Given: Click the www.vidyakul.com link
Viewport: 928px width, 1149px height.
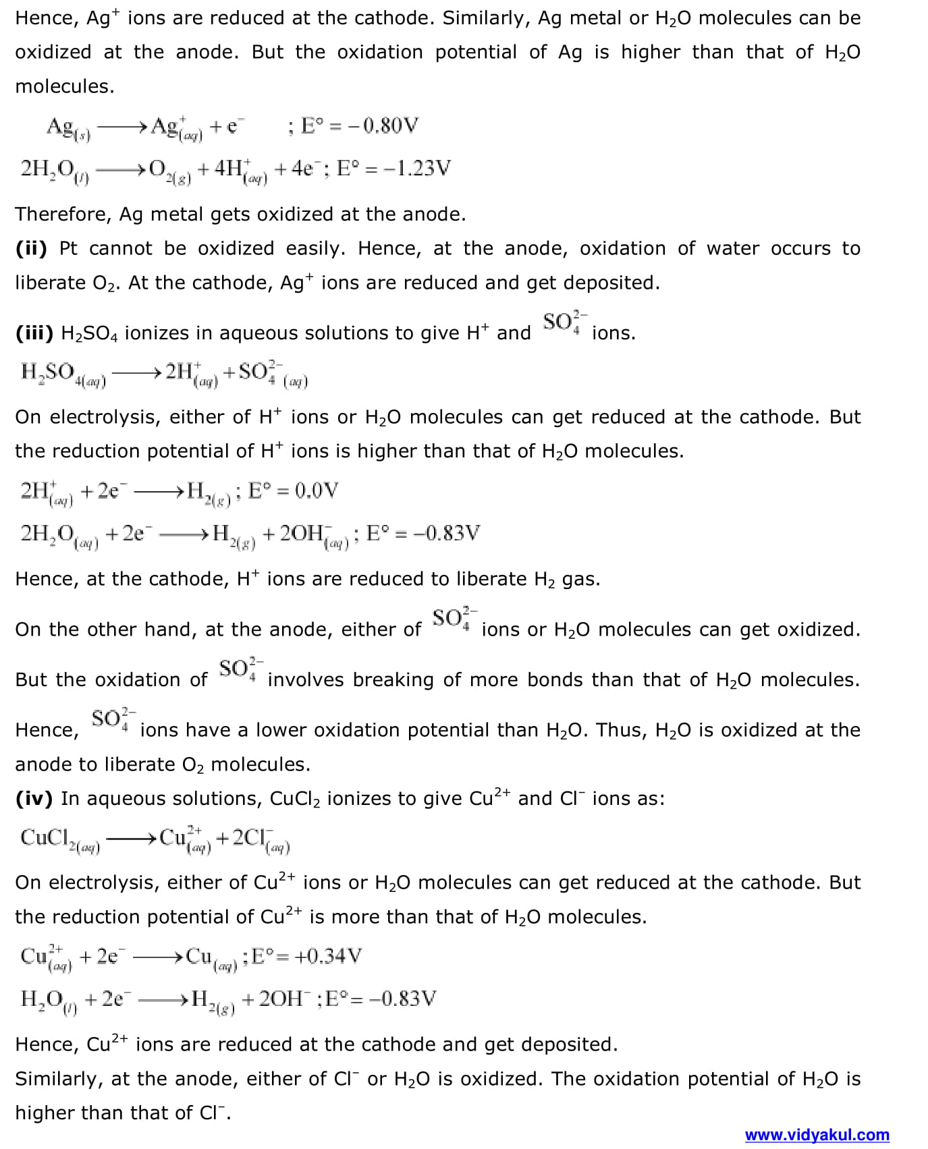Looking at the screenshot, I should coord(817,1135).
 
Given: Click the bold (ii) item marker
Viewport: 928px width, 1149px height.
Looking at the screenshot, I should coord(32,248).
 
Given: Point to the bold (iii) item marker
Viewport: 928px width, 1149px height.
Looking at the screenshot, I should coord(34,333).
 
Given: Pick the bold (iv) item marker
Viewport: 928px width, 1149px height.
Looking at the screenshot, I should coord(34,798).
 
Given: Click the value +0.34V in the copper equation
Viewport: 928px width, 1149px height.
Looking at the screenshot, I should coord(328,956).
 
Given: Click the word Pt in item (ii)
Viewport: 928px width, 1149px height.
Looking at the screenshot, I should coord(68,248).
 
